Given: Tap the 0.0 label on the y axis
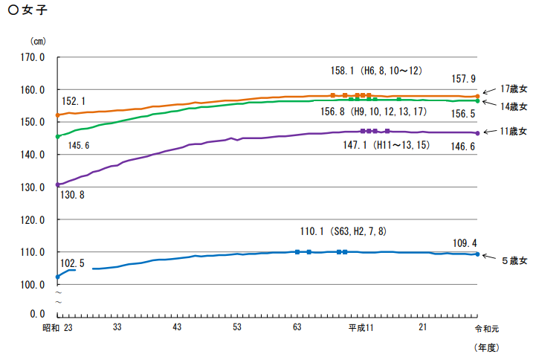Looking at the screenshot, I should point(36,314).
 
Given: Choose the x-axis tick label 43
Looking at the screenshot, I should point(177,328).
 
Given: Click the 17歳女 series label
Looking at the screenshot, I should point(513,88).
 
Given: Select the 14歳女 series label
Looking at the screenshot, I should point(513,106).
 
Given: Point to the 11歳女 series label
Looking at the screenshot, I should point(513,132).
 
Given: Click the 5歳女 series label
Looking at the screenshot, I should point(513,261).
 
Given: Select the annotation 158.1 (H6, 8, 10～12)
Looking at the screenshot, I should point(376,71).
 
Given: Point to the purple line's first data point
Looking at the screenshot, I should point(58,184).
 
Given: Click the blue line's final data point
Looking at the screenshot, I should point(477,254).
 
